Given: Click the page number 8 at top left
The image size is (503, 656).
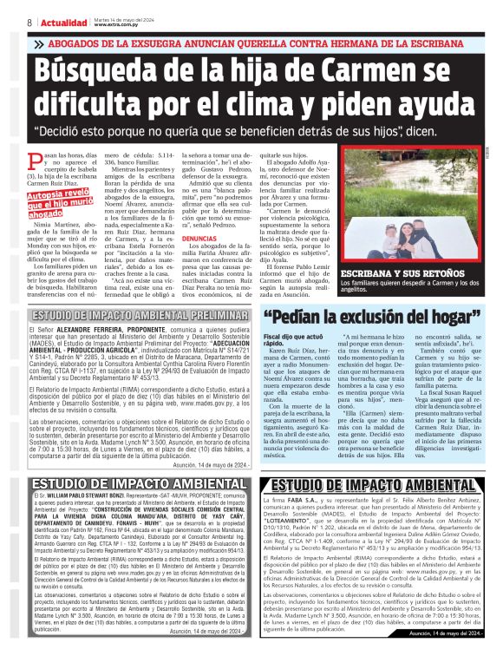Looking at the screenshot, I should coord(29,22).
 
